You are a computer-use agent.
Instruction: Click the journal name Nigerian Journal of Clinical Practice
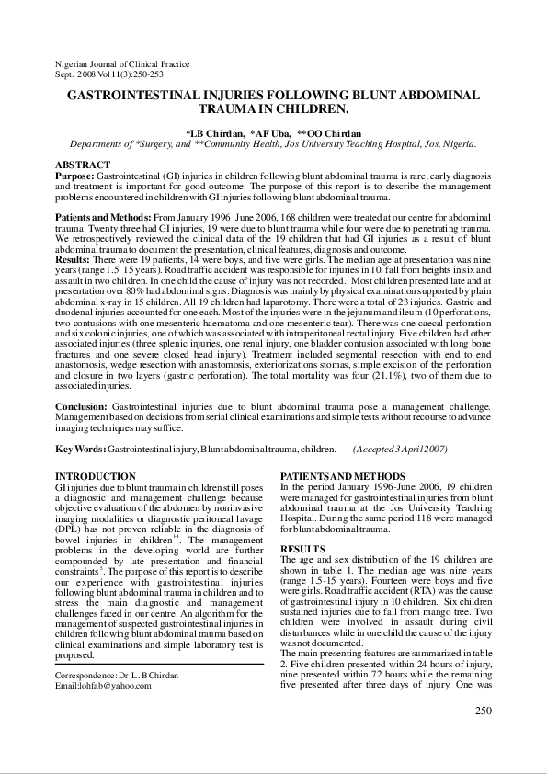pos(122,64)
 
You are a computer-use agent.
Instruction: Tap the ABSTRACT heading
pos(83,165)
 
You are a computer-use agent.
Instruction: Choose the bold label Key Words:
pos(80,448)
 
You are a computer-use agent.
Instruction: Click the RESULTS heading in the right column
pos(302,548)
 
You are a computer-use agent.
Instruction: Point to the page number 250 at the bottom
pos(484,710)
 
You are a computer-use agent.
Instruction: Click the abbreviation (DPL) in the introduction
pos(70,530)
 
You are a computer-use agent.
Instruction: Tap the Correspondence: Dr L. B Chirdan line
pos(117,675)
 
